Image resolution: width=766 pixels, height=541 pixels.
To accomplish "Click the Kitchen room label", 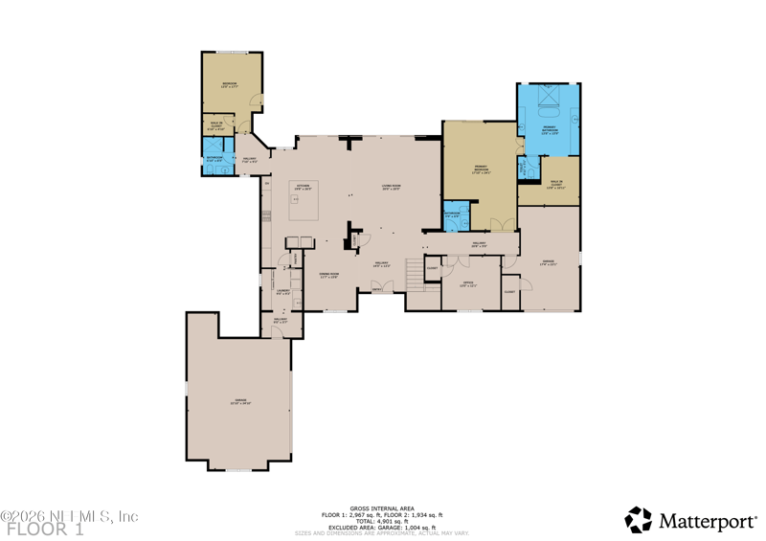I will (303, 187).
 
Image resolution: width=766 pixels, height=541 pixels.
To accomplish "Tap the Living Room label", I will (391, 188).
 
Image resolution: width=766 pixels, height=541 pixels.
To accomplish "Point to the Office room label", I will (468, 284).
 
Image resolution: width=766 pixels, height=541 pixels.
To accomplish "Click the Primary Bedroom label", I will (480, 171).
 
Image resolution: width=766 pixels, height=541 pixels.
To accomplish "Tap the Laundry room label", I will (282, 291).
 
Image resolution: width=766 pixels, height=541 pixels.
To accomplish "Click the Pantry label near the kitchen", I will (297, 258).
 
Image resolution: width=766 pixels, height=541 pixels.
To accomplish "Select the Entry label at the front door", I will (376, 286).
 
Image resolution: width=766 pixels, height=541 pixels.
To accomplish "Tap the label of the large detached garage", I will (239, 401).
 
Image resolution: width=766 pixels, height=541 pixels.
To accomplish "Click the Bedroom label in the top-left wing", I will (230, 85).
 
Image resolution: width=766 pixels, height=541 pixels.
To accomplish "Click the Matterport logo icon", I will (638, 519).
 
